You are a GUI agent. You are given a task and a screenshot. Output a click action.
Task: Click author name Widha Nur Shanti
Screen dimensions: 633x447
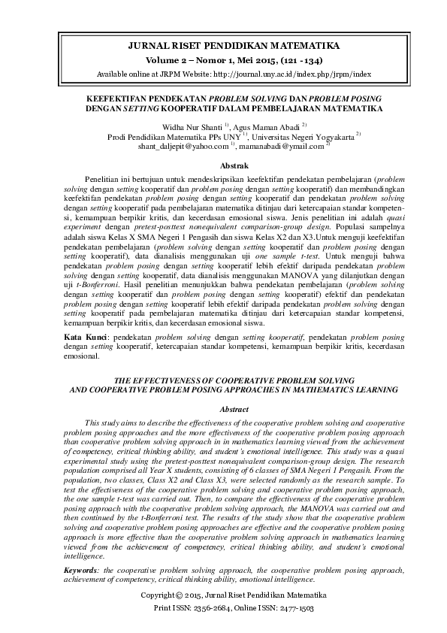pyautogui.click(x=186, y=127)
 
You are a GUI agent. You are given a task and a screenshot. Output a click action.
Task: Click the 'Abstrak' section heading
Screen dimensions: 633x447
pyautogui.click(x=224, y=165)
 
